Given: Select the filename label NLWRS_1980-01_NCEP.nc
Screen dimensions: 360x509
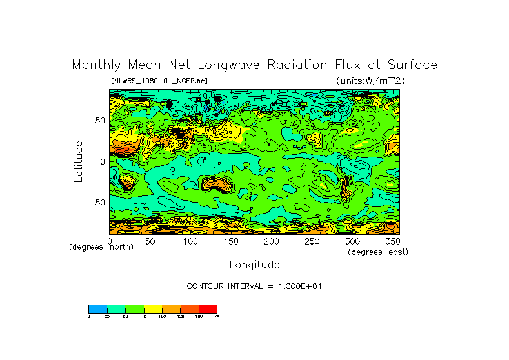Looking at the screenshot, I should (x=159, y=81).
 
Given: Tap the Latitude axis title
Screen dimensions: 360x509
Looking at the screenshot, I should (x=79, y=161).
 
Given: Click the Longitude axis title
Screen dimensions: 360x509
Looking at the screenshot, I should (x=254, y=265).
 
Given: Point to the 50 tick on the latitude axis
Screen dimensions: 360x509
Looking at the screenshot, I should (x=100, y=121).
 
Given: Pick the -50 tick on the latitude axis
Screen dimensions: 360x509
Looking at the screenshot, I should (x=97, y=202).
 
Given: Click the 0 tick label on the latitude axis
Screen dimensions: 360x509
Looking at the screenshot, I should (x=102, y=161).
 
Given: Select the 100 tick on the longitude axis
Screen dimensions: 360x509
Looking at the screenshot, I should (x=190, y=241).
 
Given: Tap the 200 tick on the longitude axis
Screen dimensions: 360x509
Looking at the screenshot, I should (x=271, y=241).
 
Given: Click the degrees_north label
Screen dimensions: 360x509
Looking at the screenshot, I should (x=101, y=247).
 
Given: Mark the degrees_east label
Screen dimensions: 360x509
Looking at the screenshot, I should (x=378, y=252).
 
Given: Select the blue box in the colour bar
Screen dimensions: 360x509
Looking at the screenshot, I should (x=97, y=308).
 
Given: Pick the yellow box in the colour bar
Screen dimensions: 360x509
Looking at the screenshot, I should (x=152, y=308).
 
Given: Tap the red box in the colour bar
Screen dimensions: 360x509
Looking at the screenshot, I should (x=208, y=308).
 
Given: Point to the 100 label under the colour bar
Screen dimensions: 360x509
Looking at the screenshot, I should (x=161, y=316).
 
